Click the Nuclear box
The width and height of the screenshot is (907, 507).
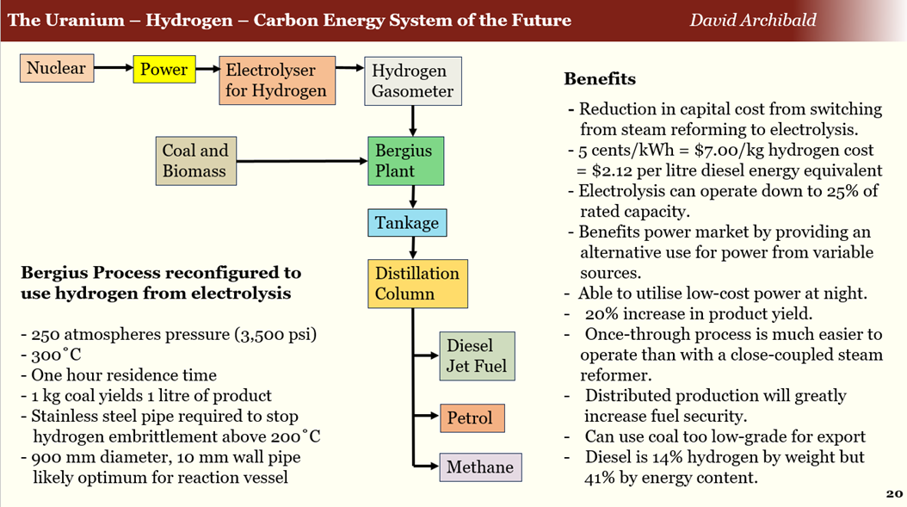point(57,68)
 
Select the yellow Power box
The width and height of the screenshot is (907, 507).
point(164,70)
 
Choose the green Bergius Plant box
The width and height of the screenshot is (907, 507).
point(405,161)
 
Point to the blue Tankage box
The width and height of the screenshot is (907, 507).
point(407,223)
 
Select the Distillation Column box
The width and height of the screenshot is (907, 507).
point(417,284)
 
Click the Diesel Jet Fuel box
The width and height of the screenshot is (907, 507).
point(477,356)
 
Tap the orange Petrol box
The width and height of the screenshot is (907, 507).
point(470,418)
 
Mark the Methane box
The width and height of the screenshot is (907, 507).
point(479,467)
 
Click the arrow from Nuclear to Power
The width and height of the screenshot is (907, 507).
point(113,67)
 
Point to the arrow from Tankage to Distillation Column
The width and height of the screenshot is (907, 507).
point(414,248)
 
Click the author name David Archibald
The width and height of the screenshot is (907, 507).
point(753,20)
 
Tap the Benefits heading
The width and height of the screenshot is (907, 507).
point(600,79)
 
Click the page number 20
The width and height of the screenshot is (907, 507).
point(893,493)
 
